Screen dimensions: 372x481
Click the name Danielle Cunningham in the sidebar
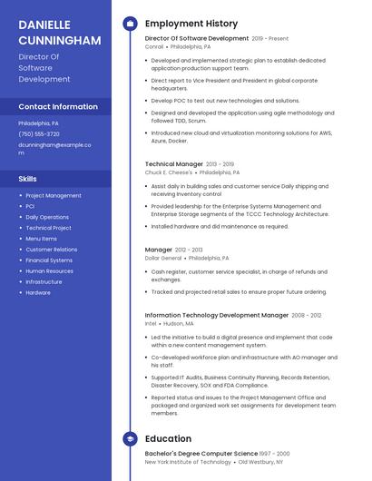pyautogui.click(x=60, y=32)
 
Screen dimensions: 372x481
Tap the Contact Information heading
pyautogui.click(x=58, y=106)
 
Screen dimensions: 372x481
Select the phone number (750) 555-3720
pyautogui.click(x=39, y=133)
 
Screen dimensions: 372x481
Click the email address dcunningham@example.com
pyautogui.click(x=54, y=148)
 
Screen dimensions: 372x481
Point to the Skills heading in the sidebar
pyautogui.click(x=27, y=179)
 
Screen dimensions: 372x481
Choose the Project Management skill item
pyautogui.click(x=54, y=195)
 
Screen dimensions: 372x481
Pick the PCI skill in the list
pyautogui.click(x=31, y=206)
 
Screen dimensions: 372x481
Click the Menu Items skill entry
pyautogui.click(x=41, y=239)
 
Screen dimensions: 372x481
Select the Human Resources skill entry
pyautogui.click(x=49, y=271)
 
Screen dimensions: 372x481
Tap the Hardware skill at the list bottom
pyautogui.click(x=38, y=293)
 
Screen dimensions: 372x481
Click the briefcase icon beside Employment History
pyautogui.click(x=130, y=24)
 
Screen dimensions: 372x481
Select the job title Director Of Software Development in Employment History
pyautogui.click(x=196, y=39)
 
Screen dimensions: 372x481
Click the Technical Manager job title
pyautogui.click(x=174, y=164)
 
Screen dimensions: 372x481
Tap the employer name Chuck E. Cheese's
pyautogui.click(x=169, y=172)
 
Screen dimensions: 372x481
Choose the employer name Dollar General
pyautogui.click(x=163, y=258)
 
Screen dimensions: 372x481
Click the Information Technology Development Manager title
pyautogui.click(x=216, y=315)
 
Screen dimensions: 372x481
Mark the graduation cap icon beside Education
pyautogui.click(x=130, y=439)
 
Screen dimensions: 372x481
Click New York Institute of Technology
pyautogui.click(x=182, y=462)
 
